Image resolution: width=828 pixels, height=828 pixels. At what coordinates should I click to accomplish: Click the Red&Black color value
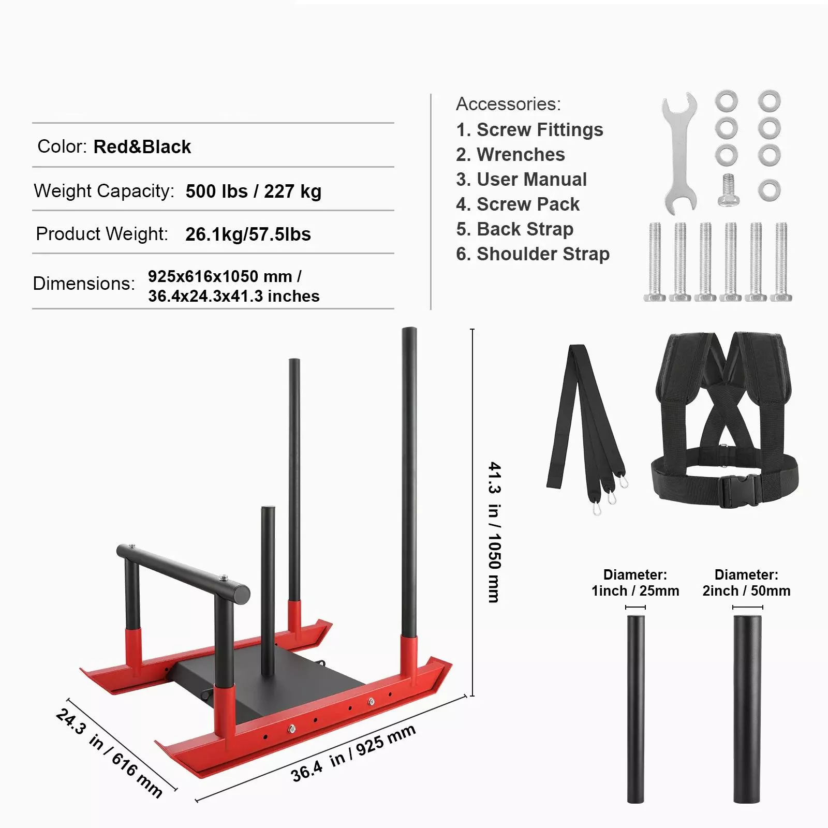tap(142, 147)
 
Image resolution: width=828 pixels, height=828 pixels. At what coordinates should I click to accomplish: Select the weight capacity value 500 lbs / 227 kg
tap(254, 191)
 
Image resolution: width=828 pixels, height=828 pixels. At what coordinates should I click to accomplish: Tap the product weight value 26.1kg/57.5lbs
tap(248, 234)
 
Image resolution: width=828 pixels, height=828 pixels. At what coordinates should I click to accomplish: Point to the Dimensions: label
tap(84, 284)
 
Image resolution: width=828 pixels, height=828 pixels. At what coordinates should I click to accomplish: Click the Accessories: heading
tap(508, 104)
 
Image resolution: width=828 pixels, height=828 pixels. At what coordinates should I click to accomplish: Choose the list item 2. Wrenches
tap(511, 155)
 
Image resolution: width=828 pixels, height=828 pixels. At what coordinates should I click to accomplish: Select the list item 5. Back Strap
tap(515, 229)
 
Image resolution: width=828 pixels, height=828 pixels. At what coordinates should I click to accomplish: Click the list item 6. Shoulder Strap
tap(533, 254)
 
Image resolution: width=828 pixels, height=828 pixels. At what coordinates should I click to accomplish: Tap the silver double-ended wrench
tap(679, 154)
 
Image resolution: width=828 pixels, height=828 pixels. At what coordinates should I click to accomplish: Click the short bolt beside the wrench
tap(728, 190)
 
